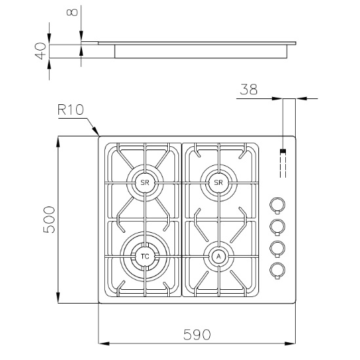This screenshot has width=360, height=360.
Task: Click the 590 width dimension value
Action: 197,334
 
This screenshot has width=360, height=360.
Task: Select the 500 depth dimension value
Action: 49,220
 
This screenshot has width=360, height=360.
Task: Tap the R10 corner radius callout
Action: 71,110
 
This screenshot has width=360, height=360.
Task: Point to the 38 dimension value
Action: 249,89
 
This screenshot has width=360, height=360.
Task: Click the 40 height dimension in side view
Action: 41,51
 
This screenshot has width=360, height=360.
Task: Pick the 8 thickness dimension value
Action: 72,12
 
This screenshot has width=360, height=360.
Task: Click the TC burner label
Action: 145,256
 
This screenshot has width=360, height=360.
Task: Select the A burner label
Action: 218,256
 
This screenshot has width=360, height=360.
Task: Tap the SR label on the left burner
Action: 145,183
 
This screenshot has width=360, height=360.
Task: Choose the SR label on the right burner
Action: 218,182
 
